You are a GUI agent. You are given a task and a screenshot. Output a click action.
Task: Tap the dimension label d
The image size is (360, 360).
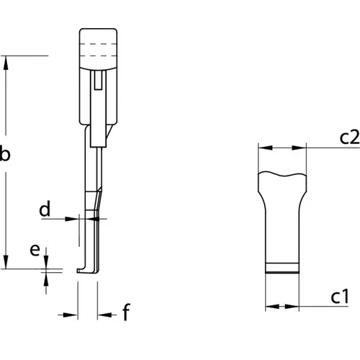45,209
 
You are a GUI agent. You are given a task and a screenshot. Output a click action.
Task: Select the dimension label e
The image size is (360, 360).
35,250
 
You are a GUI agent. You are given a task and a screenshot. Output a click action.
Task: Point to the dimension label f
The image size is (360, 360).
126,312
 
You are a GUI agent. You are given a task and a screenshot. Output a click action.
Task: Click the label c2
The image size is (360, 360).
349,138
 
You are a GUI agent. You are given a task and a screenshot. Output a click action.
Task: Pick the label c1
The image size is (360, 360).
340,297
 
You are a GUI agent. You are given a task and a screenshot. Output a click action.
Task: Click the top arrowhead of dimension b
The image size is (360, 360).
6,63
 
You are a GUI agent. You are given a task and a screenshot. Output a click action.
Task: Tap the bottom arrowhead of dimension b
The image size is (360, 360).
6,261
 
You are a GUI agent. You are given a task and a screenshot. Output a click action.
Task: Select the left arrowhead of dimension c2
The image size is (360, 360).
266,148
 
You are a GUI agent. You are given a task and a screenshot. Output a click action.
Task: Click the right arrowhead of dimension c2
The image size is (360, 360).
299,148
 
